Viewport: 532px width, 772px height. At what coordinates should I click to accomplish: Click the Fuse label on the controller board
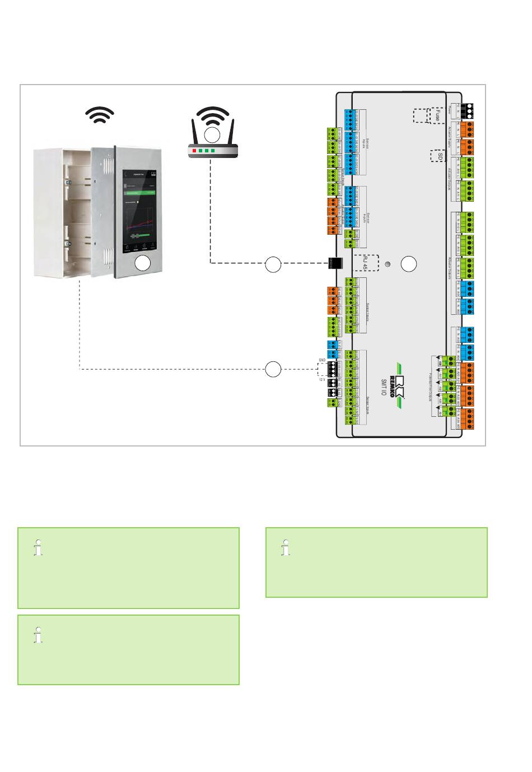(436, 115)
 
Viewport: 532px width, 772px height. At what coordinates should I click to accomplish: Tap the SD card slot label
(440, 155)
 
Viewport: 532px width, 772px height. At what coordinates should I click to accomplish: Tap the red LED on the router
(194, 151)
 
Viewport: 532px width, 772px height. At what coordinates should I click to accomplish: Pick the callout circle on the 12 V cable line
(273, 369)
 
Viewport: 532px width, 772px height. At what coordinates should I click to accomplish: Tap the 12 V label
(322, 379)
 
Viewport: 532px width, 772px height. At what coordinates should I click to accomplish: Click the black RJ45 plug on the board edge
(335, 263)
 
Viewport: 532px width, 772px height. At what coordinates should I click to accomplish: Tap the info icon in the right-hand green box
(287, 547)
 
